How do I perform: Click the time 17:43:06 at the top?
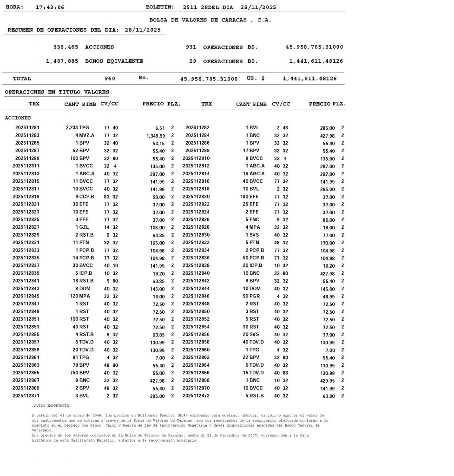pyautogui.click(x=50, y=7)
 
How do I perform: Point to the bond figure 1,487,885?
pyautogui.click(x=62, y=61)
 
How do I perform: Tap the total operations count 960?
pyautogui.click(x=110, y=79)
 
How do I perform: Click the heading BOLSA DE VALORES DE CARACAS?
pyautogui.click(x=210, y=20)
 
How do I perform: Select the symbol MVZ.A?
pyautogui.click(x=87, y=135)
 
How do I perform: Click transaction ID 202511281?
pyautogui.click(x=27, y=127)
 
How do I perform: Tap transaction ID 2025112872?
pyautogui.click(x=196, y=396)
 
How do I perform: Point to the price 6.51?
pyautogui.click(x=160, y=128)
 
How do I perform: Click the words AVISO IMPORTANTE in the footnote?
pyautogui.click(x=52, y=406)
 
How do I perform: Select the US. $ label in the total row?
pyautogui.click(x=256, y=79)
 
